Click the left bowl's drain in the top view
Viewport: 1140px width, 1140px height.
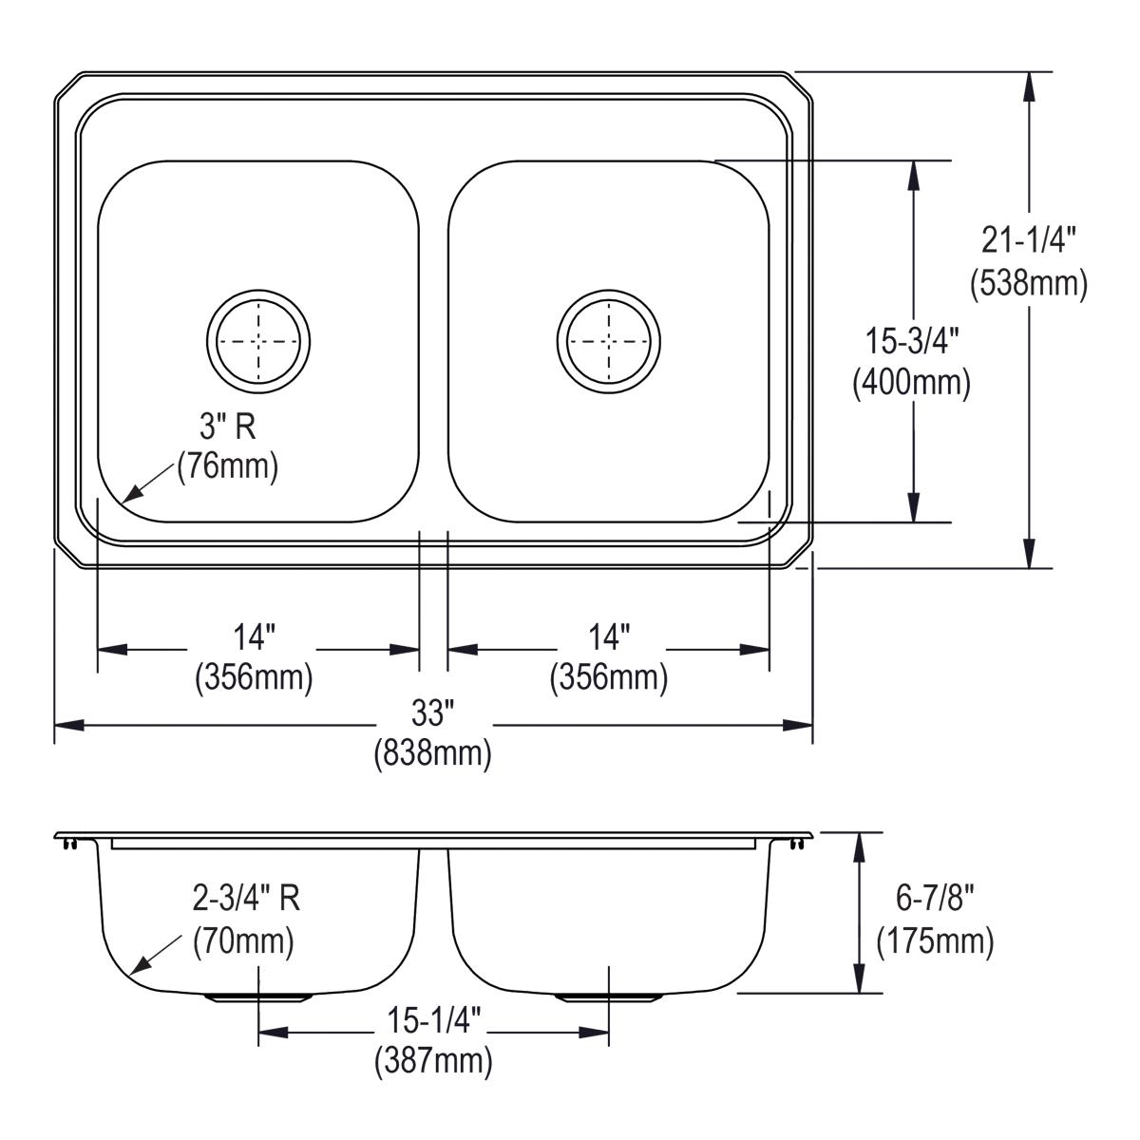[x=258, y=340]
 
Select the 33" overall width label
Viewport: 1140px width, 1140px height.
[x=433, y=712]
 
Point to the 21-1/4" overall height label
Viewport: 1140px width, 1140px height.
[x=1029, y=241]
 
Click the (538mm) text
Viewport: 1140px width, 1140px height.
[x=1029, y=282]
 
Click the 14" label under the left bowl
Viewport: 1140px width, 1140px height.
[x=254, y=636]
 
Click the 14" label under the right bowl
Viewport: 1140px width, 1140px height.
[x=609, y=636]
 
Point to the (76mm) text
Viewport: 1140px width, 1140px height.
[x=228, y=466]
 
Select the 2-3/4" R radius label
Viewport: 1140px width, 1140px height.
[x=247, y=898]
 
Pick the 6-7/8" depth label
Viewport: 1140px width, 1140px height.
[x=935, y=898]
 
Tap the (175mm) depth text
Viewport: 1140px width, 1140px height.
[x=935, y=940]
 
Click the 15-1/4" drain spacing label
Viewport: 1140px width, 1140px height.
[x=433, y=1020]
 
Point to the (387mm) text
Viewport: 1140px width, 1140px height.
[x=433, y=1060]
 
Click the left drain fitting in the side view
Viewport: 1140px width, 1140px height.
[x=258, y=997]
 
